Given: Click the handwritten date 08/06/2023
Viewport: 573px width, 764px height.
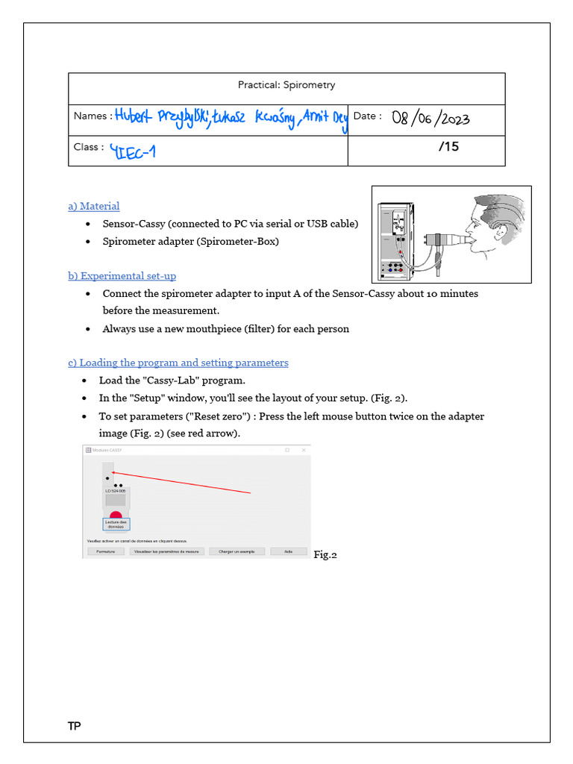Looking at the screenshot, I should [430, 119].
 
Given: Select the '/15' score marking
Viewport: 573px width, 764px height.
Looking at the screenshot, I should [448, 147].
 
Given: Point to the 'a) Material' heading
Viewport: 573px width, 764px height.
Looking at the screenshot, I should [94, 206].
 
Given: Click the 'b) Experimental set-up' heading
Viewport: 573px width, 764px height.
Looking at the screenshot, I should [122, 276].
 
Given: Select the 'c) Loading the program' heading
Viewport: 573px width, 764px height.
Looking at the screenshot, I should [178, 363].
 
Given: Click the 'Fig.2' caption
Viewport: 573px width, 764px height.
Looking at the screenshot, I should [325, 554].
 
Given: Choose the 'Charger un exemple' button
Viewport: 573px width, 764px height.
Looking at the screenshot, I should [236, 551].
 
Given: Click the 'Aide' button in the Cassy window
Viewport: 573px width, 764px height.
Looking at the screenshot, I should [287, 551].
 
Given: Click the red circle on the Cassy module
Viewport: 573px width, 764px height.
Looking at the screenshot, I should [116, 514].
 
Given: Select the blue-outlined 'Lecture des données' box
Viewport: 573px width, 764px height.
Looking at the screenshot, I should [116, 524].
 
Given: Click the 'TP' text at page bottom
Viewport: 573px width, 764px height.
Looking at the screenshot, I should [74, 727].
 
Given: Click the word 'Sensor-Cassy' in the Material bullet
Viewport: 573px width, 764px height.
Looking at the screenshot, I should [133, 224].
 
